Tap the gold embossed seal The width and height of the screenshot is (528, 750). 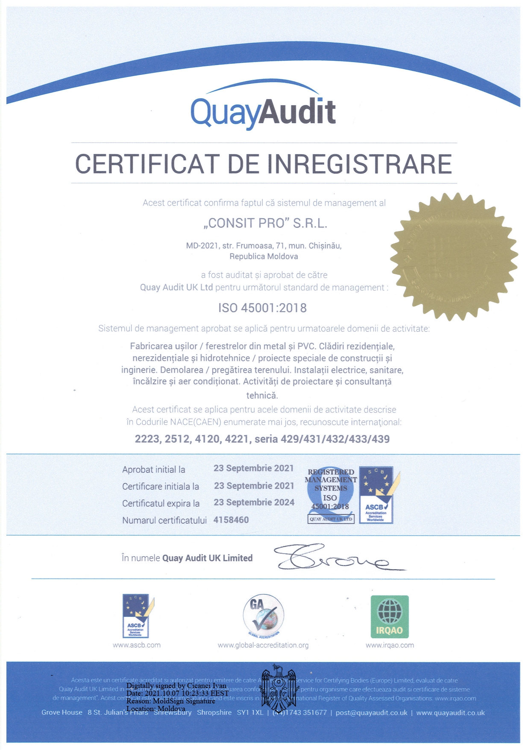(454, 256)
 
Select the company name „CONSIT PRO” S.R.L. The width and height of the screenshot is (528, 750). (265, 223)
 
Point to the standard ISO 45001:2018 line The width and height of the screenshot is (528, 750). (262, 308)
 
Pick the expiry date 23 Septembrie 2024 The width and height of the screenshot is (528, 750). (254, 503)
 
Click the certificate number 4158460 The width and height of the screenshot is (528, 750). (231, 520)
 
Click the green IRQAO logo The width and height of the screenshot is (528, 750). (390, 616)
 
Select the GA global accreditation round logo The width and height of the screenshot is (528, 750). (263, 616)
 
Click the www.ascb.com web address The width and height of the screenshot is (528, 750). (137, 645)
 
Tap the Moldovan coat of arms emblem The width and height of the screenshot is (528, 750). (278, 688)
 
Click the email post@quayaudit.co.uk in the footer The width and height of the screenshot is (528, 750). (371, 712)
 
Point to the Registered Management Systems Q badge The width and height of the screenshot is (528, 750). (331, 495)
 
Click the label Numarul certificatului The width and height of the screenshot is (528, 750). (164, 521)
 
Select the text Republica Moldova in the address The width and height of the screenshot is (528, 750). (264, 256)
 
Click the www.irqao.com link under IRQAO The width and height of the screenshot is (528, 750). (390, 645)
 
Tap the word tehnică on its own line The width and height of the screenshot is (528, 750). (262, 395)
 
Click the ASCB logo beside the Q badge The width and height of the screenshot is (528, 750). (376, 495)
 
